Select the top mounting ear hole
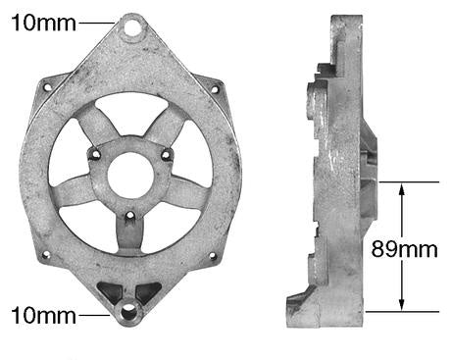(131, 27)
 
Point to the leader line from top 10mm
(98, 22)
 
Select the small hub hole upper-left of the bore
(96, 152)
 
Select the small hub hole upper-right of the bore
(165, 153)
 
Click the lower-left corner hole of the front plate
(45, 257)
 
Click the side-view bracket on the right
(334, 177)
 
